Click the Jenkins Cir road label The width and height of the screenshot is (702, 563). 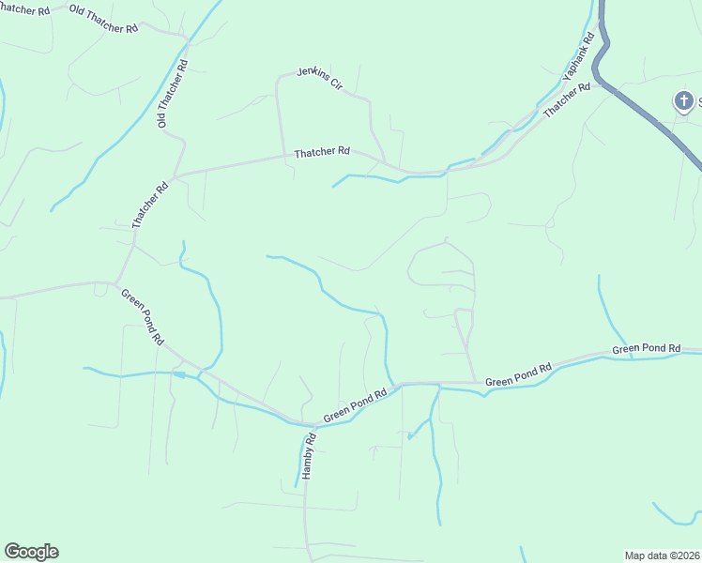click(x=320, y=78)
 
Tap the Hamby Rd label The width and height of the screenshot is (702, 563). click(x=307, y=457)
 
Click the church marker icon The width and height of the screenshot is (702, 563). click(x=685, y=100)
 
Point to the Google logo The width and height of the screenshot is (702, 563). click(x=31, y=552)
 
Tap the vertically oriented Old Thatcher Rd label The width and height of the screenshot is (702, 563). click(x=173, y=94)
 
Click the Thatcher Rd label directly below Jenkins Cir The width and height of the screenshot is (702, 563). click(x=322, y=151)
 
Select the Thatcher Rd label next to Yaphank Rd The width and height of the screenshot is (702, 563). click(x=567, y=100)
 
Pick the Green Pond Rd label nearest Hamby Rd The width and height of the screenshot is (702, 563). click(x=356, y=406)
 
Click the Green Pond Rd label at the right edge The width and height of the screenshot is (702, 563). click(x=646, y=349)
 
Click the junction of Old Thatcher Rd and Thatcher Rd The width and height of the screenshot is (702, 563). click(x=175, y=175)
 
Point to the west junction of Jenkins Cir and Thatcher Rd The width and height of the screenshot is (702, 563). click(x=284, y=156)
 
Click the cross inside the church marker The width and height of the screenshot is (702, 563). click(x=685, y=99)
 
